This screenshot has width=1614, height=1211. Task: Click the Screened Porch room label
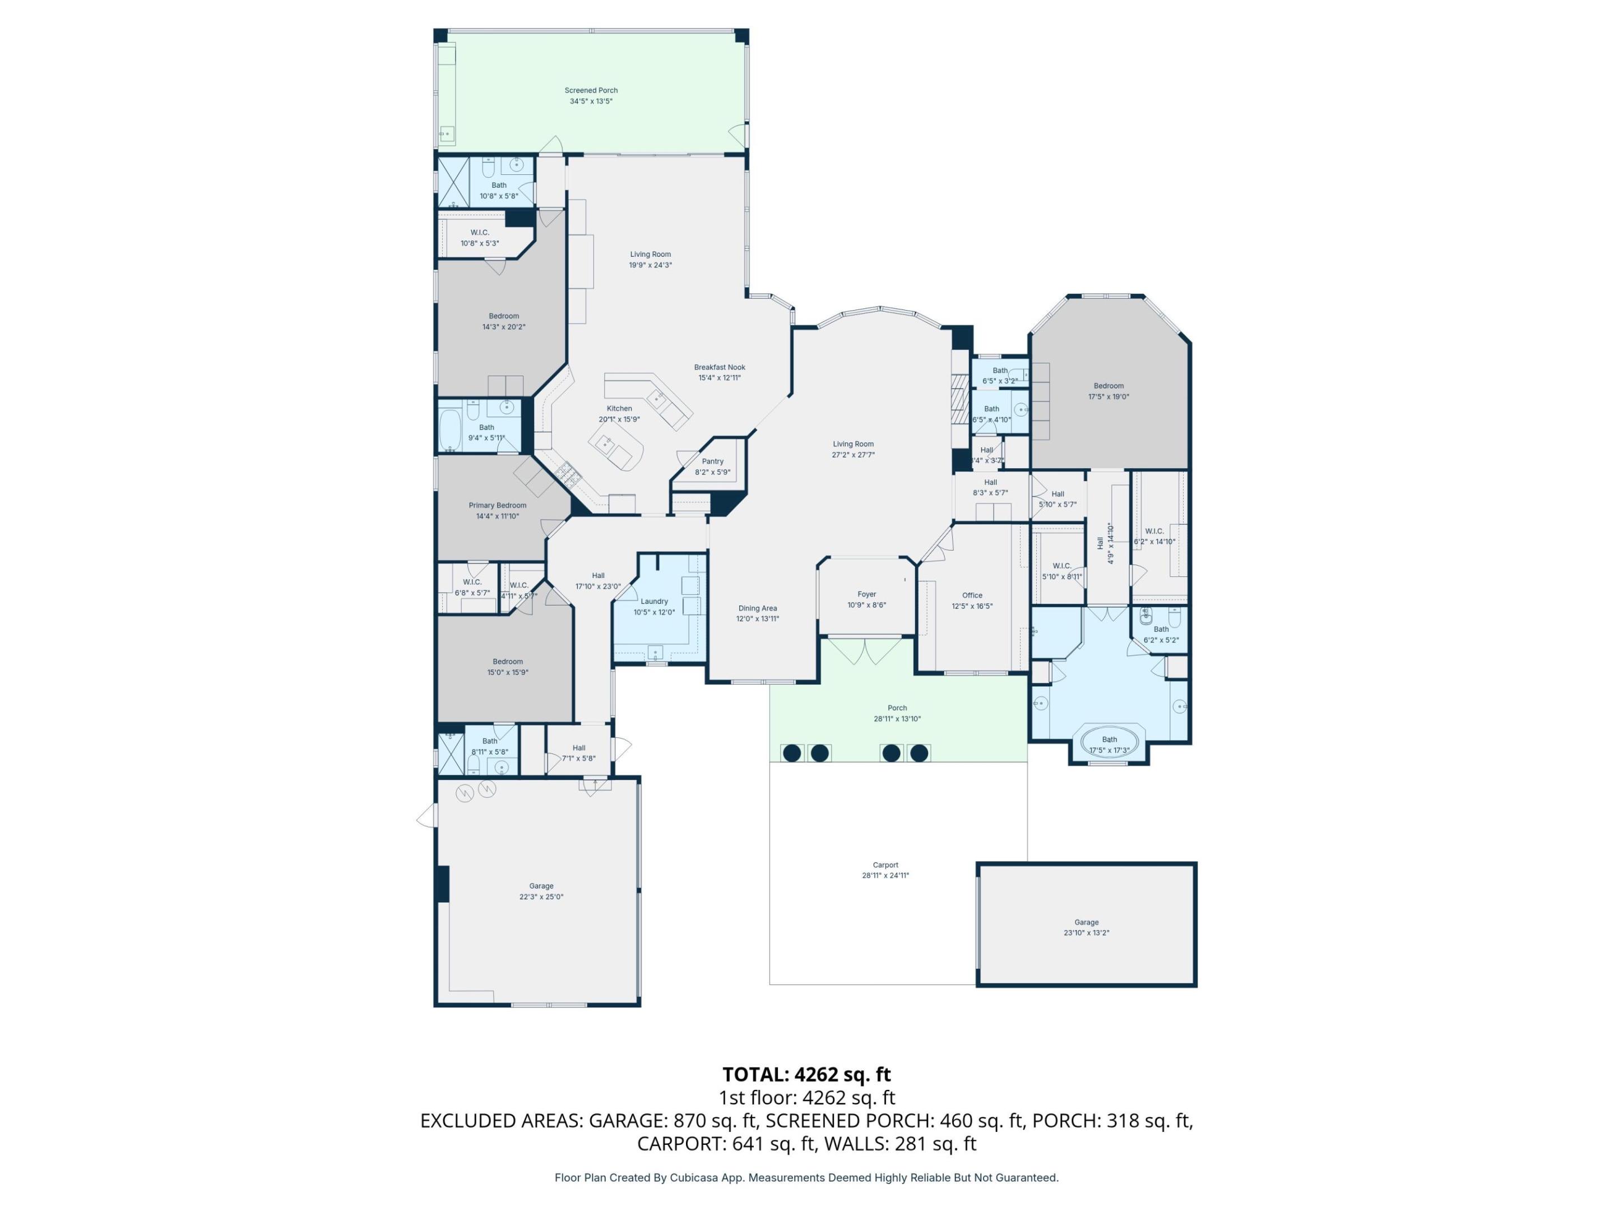(x=591, y=90)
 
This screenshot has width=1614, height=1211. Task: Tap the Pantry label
(x=712, y=461)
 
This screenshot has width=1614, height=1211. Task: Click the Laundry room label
(x=654, y=602)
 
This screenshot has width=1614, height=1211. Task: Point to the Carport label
(x=885, y=865)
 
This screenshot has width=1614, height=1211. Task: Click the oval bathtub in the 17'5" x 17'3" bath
(x=1109, y=742)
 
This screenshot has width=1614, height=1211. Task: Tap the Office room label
(x=972, y=595)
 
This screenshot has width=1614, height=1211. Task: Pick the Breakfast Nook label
(x=720, y=367)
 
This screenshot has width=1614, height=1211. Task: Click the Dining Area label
(x=757, y=608)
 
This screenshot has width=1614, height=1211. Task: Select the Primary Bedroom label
(x=497, y=505)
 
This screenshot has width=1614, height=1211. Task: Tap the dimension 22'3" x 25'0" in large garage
(x=541, y=897)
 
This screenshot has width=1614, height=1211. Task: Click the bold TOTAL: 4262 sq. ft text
(x=806, y=1075)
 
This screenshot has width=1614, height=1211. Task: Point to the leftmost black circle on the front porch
(x=792, y=752)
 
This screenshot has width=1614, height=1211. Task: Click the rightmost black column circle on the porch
(x=920, y=752)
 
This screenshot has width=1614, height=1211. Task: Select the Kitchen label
(x=619, y=409)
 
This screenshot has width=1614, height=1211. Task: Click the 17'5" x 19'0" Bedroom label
(x=1109, y=386)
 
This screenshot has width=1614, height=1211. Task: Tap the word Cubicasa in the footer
(x=694, y=1177)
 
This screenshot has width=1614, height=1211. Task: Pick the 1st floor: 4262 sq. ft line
(x=806, y=1098)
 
